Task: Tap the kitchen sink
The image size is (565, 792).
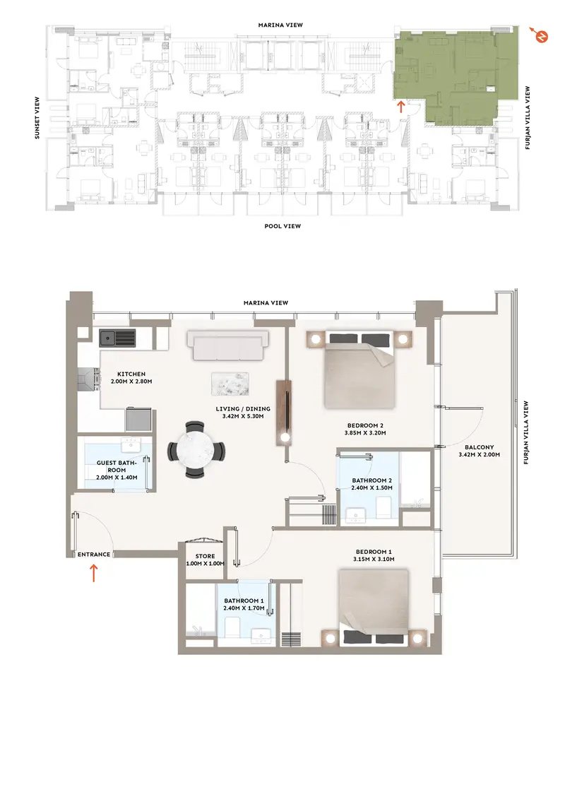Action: (118, 338)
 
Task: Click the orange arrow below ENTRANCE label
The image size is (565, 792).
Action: (93, 573)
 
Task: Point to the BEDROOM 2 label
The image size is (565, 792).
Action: (365, 425)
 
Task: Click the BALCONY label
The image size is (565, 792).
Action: (479, 447)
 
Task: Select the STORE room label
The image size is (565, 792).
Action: (205, 556)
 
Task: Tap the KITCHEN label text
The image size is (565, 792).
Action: (131, 374)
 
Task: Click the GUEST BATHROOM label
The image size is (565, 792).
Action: (117, 466)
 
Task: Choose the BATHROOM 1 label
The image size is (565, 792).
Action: (244, 601)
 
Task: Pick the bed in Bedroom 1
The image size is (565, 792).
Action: (373, 608)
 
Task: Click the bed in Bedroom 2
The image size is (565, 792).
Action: (359, 370)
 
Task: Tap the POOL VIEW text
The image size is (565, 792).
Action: (282, 226)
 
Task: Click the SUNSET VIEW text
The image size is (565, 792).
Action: (37, 118)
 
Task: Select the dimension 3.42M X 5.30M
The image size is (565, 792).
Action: (243, 416)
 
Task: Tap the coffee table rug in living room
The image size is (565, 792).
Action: (230, 384)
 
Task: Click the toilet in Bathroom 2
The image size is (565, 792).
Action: (383, 507)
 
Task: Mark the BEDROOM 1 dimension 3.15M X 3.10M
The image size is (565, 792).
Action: (374, 559)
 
